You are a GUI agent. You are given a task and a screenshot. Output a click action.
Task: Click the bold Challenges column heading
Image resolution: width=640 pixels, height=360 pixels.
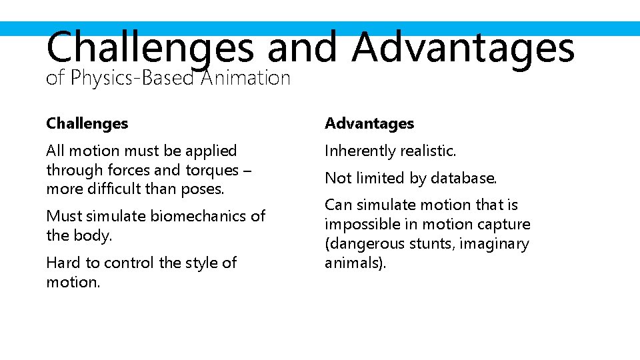click(87, 123)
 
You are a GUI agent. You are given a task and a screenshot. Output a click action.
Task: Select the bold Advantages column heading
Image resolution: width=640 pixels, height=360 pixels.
click(369, 123)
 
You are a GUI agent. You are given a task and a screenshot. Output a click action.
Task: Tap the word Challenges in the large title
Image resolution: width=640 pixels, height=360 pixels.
click(150, 48)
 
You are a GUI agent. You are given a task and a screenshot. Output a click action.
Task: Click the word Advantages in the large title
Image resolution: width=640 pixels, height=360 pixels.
click(463, 48)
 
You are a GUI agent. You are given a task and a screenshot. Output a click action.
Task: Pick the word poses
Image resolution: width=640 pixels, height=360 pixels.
click(201, 189)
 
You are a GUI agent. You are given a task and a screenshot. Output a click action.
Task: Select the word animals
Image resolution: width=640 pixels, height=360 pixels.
click(353, 263)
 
